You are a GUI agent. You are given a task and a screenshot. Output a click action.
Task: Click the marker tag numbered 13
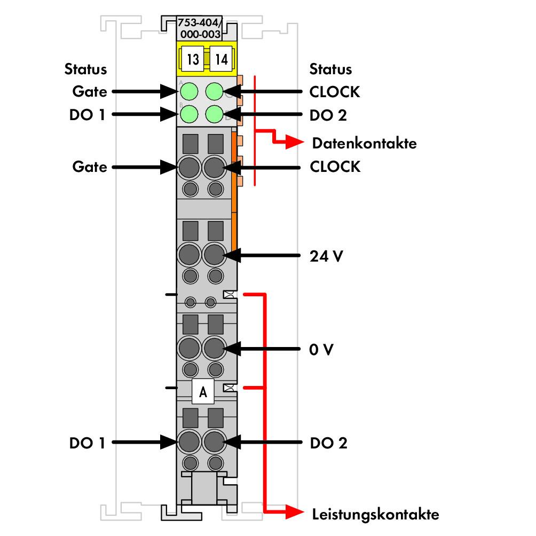coord(193,59)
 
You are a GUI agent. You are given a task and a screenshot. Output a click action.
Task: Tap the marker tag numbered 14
coord(221,59)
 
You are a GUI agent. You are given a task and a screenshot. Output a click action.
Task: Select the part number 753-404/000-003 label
coord(200,28)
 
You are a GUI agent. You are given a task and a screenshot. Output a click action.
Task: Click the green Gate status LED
coord(188,92)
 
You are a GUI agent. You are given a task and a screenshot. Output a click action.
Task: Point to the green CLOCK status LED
coord(214,92)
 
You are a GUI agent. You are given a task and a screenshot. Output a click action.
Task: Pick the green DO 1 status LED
coord(188,114)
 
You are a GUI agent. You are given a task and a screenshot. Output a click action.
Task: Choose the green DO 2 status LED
coord(214,114)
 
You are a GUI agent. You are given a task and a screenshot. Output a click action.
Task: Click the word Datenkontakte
coord(365,143)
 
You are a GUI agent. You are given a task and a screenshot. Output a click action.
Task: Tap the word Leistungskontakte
coord(375,515)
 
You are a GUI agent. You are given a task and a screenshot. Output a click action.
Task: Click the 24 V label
coord(326,256)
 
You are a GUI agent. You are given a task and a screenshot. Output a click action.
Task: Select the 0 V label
coord(321,349)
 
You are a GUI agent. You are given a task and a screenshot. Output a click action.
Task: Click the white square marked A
coord(203,391)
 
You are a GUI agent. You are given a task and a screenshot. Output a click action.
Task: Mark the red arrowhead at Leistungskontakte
coord(294,512)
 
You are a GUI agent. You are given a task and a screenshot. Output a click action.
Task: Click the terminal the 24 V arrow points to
coord(214,255)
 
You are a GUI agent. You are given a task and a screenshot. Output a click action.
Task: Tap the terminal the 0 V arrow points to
coord(214,348)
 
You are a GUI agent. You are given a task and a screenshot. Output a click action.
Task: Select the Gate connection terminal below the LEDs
coord(189,168)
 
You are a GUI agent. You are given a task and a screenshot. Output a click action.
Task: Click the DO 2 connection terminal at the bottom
coord(214,442)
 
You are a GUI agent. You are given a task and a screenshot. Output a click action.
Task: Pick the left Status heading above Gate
coord(86,69)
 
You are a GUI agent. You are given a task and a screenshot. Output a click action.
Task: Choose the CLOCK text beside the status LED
coord(335,92)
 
